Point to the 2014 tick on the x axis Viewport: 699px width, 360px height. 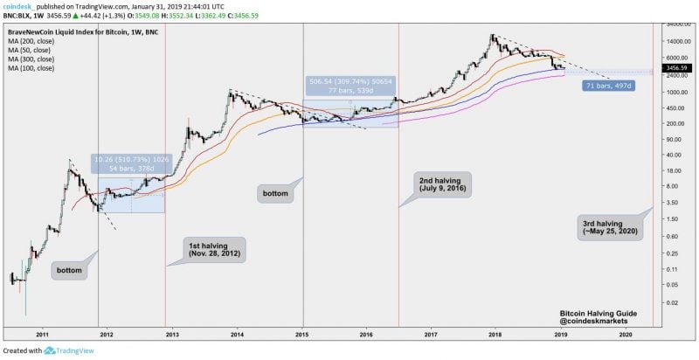coord(239,334)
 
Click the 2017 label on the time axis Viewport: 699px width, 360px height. coord(431,334)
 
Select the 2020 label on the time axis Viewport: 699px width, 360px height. coord(625,334)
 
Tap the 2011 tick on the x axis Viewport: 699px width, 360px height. coord(42,334)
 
